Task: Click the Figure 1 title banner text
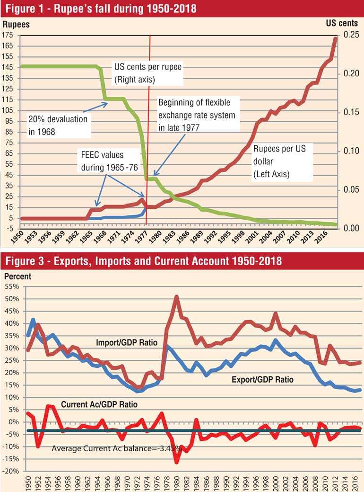[98, 9]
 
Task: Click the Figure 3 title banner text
[142, 261]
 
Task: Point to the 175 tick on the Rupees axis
[9, 35]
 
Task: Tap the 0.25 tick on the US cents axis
[351, 35]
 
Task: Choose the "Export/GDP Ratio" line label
[262, 379]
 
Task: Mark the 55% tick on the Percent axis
[12, 286]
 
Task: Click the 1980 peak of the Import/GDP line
[176, 297]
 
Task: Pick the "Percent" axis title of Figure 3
[17, 276]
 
